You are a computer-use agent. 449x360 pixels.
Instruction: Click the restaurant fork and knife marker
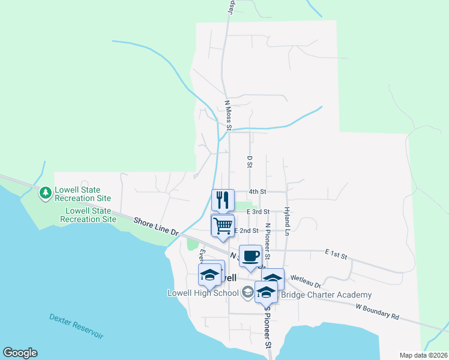(223, 200)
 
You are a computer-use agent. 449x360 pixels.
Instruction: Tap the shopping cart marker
(223, 226)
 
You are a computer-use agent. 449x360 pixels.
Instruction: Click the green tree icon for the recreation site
(45, 193)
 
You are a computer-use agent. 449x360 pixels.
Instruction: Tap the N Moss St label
(228, 115)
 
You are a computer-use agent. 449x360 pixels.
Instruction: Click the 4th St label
(258, 191)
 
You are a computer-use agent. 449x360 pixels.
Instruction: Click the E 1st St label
(336, 254)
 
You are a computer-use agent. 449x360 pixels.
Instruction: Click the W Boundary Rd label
(377, 311)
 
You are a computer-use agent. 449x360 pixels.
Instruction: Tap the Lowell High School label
(203, 293)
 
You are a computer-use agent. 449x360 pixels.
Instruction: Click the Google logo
(20, 353)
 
